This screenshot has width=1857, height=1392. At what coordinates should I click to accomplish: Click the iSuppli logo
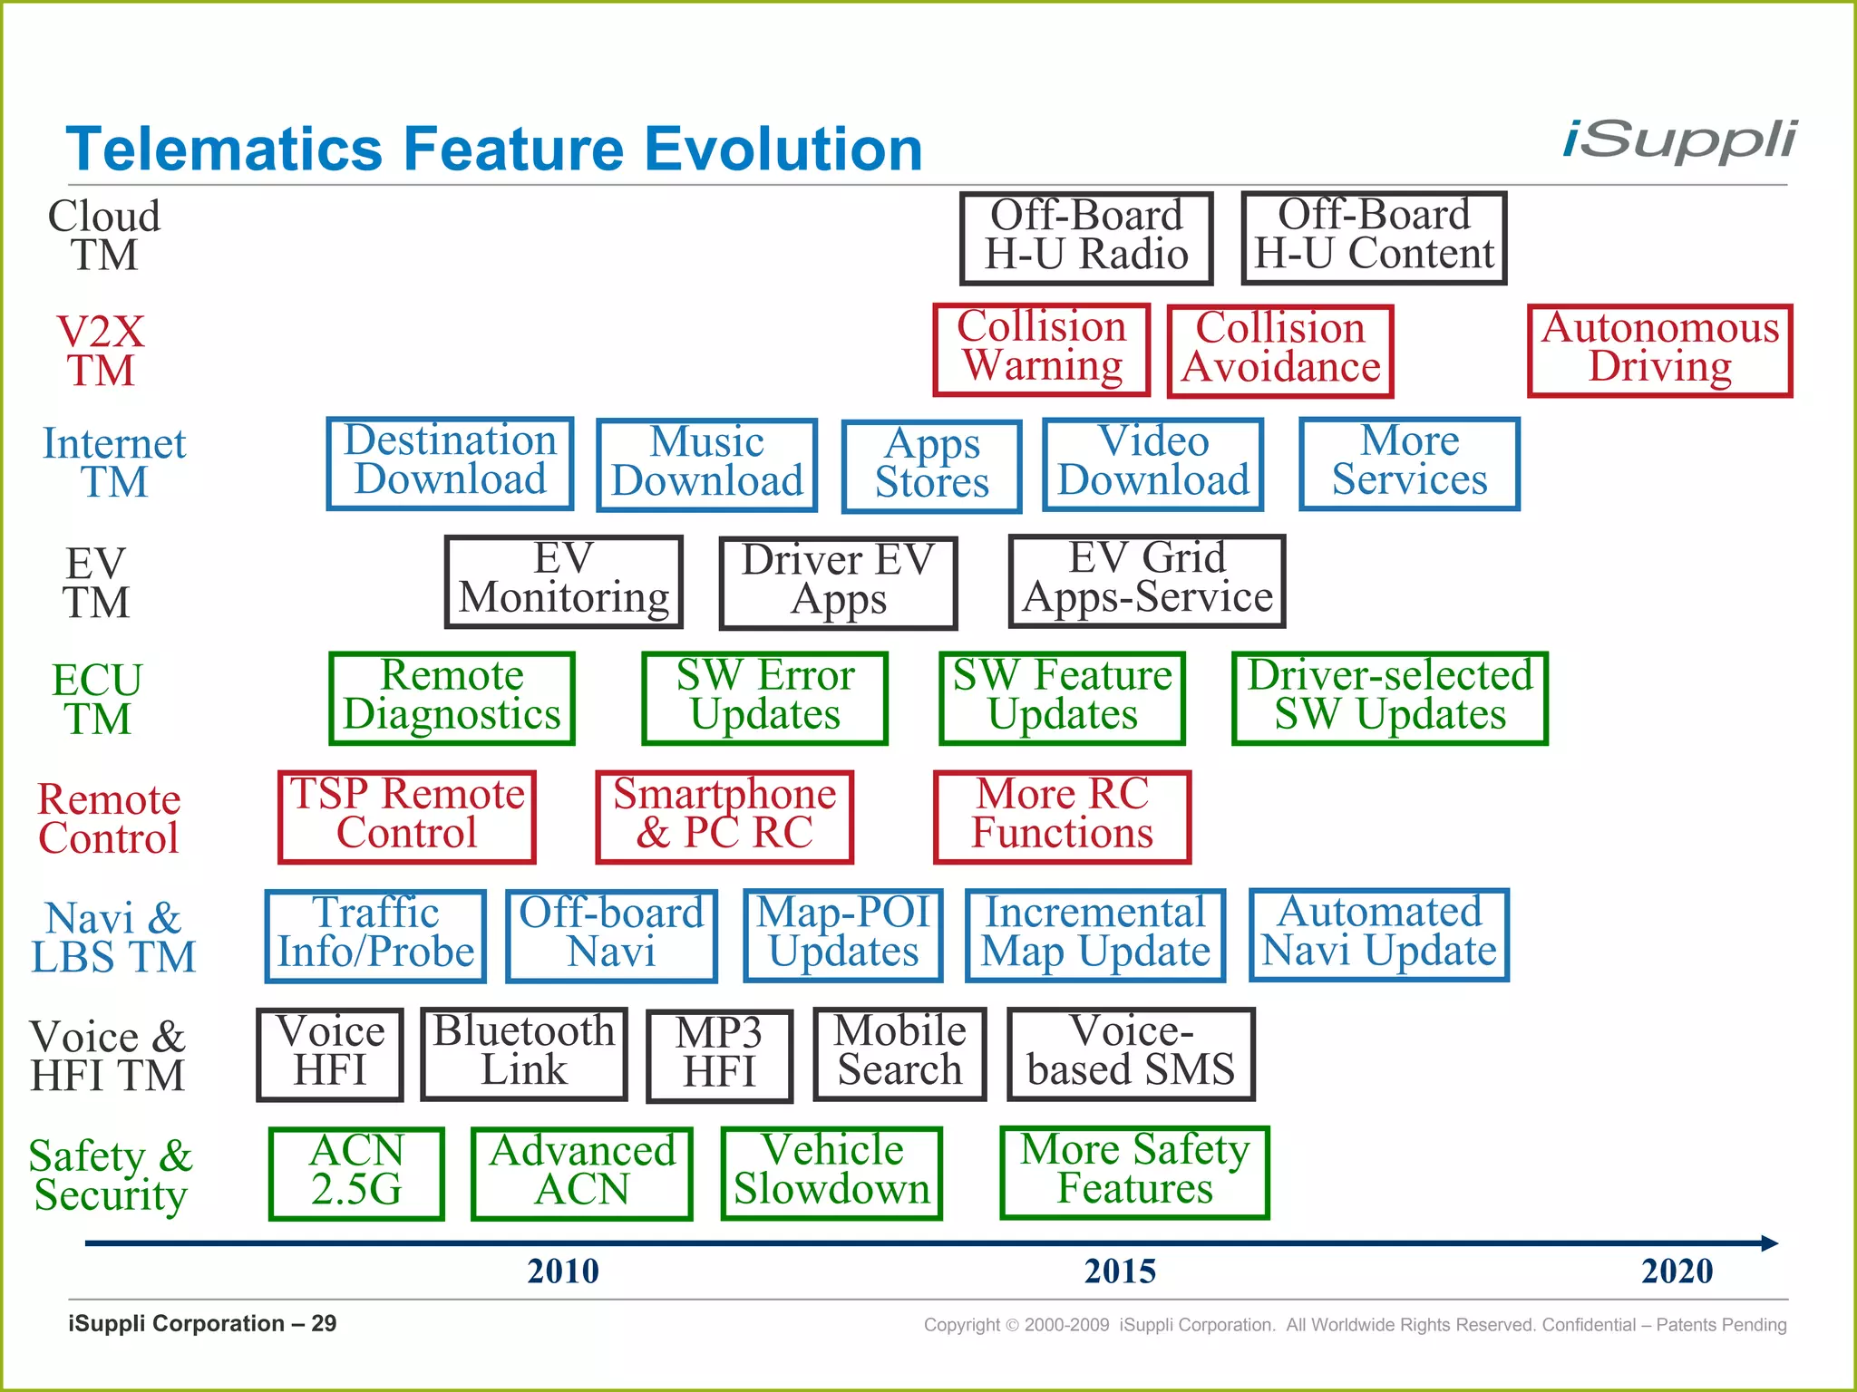[x=1678, y=141]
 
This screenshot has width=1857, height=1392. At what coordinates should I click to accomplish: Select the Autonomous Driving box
[x=1659, y=351]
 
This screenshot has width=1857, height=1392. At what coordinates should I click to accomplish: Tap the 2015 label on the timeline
[x=1120, y=1271]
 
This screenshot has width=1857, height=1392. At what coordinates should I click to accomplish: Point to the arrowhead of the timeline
[x=1769, y=1243]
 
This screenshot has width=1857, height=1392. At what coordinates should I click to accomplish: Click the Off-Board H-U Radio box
[x=1086, y=237]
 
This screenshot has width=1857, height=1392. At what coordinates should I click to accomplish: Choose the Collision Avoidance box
[x=1280, y=351]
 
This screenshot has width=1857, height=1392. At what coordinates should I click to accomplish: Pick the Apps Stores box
[x=931, y=466]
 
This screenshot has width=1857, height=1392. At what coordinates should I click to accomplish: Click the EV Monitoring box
[x=563, y=581]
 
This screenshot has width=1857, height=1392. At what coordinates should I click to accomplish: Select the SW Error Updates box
[x=764, y=698]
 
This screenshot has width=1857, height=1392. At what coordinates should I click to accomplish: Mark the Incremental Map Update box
[x=1095, y=935]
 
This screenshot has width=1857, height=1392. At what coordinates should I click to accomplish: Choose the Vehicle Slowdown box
[x=831, y=1173]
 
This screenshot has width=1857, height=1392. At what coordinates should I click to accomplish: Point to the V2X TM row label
[x=101, y=352]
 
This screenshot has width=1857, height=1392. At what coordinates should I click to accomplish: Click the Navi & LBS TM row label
[x=113, y=938]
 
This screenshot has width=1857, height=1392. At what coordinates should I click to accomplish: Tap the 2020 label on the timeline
[x=1677, y=1271]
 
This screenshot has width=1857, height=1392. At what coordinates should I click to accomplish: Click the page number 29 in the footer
[x=324, y=1324]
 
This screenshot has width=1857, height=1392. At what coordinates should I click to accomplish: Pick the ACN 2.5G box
[x=356, y=1173]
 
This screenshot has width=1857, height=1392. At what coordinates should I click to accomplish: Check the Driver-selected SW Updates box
[x=1389, y=698]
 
